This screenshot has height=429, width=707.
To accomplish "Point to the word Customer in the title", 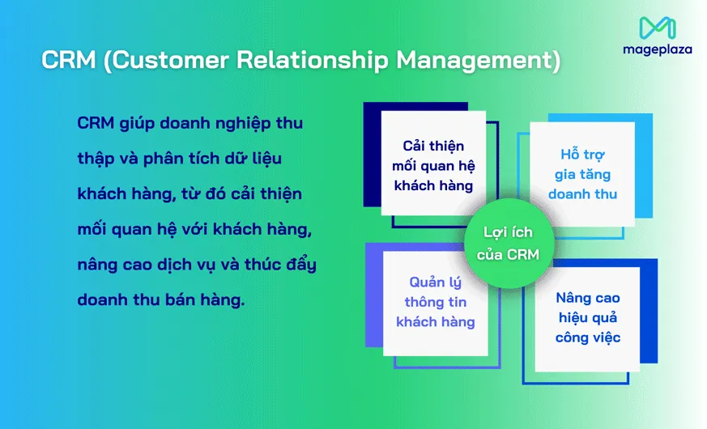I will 161,62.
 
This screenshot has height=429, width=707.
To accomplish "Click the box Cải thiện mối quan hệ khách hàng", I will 434,164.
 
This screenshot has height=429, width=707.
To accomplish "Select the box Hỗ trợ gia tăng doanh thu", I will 582,174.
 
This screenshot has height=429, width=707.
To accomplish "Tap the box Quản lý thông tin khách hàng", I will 435,302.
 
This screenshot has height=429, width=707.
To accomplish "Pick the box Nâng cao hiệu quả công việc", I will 588,317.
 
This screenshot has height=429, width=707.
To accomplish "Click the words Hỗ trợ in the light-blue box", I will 582,154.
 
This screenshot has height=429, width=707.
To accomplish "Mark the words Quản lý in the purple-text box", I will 435,282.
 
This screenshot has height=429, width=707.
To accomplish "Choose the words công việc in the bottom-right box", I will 588,337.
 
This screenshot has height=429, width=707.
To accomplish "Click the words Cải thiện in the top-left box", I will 434,146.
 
